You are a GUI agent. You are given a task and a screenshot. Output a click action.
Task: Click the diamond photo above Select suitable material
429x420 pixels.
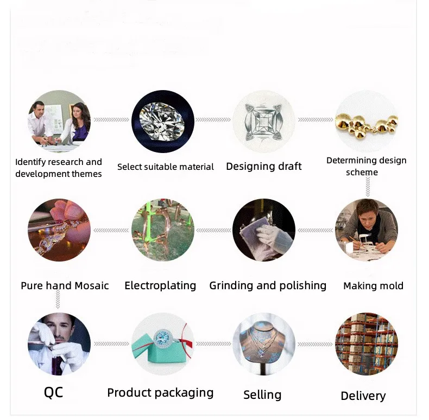[163, 121]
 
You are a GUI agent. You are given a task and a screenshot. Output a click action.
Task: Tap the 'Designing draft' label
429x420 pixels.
[263, 166]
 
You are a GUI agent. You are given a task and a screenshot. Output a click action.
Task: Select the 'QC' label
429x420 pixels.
[53, 392]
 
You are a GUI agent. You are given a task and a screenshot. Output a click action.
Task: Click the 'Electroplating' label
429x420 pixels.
[160, 285]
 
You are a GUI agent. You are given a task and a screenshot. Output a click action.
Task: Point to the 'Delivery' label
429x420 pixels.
[363, 396]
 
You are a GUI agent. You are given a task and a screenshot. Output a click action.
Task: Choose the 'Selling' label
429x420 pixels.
[262, 394]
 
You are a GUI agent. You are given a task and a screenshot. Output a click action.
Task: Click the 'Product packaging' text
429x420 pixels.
[160, 393]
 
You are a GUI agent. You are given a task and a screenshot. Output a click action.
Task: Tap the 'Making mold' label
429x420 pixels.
[373, 285]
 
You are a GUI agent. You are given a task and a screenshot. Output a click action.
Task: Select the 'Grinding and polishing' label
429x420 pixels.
[268, 285]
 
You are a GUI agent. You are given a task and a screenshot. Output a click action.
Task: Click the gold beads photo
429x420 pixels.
[366, 120]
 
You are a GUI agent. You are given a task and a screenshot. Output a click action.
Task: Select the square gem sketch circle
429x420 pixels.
[263, 121]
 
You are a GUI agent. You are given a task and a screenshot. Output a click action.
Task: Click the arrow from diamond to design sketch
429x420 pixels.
[213, 119]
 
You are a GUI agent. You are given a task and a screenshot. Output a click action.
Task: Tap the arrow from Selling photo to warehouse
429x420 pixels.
[314, 344]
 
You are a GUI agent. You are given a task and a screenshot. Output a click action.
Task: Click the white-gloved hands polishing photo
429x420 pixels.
[263, 230]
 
